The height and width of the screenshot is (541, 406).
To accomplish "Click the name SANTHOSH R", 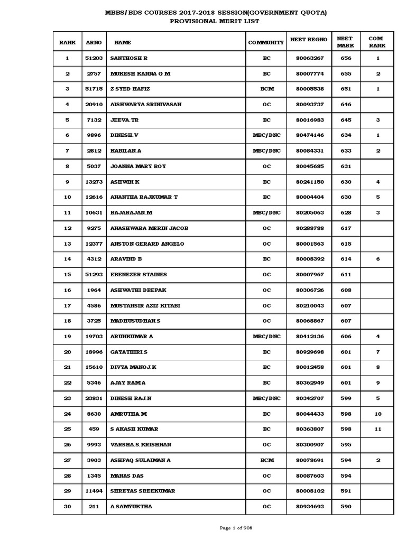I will point(129,58).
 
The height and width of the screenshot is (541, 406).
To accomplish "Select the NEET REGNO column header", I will point(309,40).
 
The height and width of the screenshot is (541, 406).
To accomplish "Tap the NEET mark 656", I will point(346,58).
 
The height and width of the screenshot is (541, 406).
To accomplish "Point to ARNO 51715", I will point(93,89).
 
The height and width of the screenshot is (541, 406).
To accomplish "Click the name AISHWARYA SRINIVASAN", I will point(145,105).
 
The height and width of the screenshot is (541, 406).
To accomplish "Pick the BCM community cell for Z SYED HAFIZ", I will point(266,89).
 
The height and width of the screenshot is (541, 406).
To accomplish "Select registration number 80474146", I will point(309,135).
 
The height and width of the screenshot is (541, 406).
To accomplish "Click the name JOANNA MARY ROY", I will point(138,166).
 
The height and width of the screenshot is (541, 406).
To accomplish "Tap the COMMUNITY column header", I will point(266,42).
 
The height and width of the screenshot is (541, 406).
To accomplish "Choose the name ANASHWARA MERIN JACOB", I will point(149,228).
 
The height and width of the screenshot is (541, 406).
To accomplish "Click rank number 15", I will point(67,275).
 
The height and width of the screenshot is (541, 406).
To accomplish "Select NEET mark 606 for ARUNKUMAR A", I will point(346,337).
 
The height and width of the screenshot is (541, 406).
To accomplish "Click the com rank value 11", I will point(377,430).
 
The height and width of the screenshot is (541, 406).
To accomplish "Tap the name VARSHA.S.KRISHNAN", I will point(141,445).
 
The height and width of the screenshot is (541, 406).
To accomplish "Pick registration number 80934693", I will point(309,507).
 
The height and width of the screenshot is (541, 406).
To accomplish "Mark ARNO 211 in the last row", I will point(93,507).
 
